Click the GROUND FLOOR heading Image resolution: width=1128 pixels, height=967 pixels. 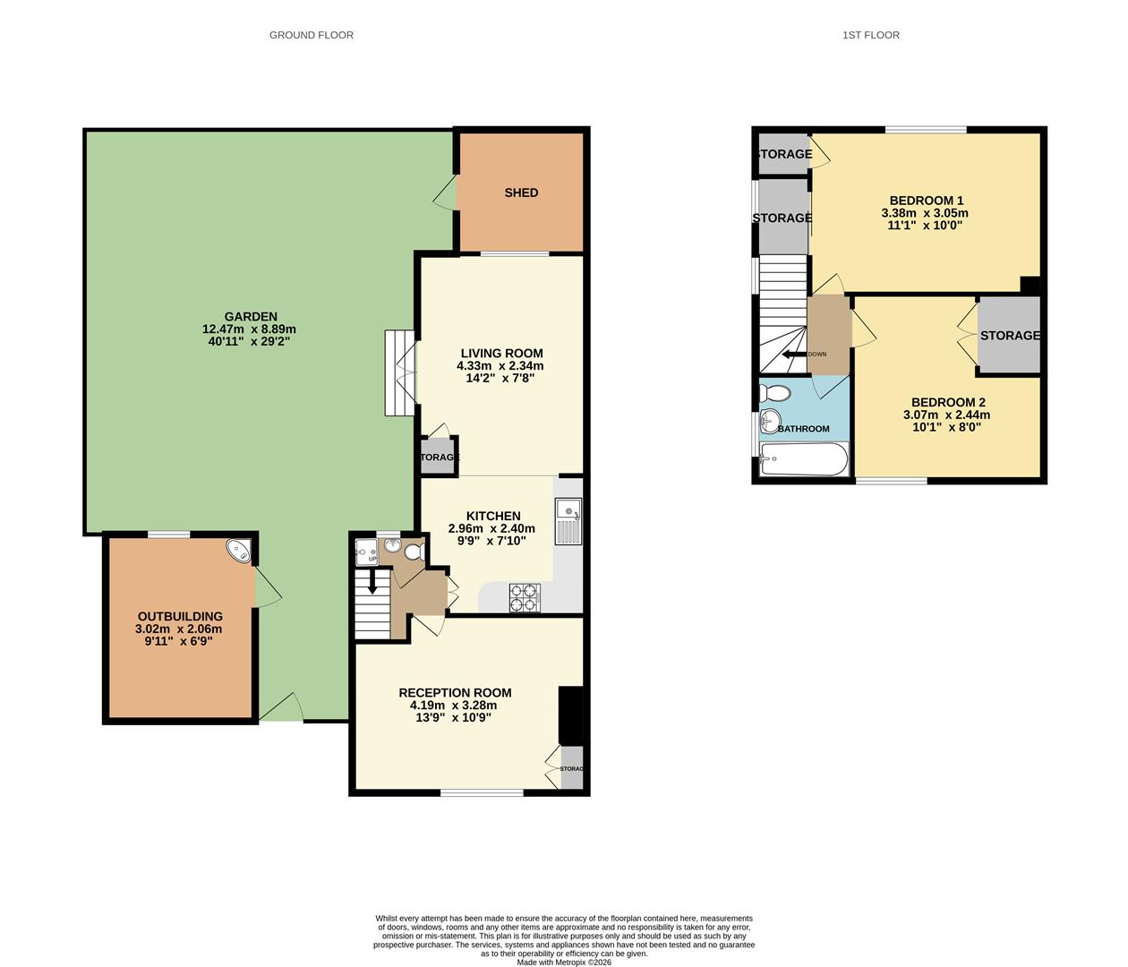311,35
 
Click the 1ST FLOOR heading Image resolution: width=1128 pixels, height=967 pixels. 870,35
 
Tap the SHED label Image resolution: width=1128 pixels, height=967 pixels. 521,193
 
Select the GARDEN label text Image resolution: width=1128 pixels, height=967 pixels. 251,316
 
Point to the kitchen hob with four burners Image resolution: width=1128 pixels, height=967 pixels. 525,597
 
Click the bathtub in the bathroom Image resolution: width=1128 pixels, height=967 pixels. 803,460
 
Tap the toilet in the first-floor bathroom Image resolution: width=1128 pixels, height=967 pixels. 776,392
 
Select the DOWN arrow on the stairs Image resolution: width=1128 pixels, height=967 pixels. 795,355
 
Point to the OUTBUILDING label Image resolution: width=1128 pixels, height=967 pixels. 180,616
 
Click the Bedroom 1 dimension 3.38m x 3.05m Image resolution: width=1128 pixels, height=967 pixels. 925,213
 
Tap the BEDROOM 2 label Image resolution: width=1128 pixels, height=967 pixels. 948,402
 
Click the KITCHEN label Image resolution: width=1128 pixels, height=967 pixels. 493,516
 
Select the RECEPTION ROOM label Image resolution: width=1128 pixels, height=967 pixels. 455,692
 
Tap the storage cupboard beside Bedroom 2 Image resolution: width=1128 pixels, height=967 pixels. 1009,335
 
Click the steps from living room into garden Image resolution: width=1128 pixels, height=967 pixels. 400,372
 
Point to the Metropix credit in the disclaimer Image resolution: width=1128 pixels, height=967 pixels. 564,962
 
